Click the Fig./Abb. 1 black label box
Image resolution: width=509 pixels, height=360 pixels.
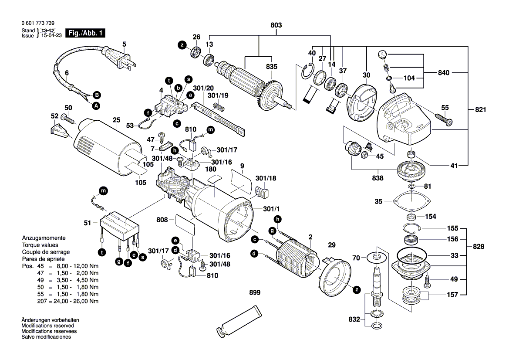click(85, 33)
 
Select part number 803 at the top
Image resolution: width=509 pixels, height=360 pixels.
click(276, 26)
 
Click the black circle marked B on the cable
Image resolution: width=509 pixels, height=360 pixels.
click(97, 95)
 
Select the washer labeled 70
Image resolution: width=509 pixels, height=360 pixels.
click(377, 257)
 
